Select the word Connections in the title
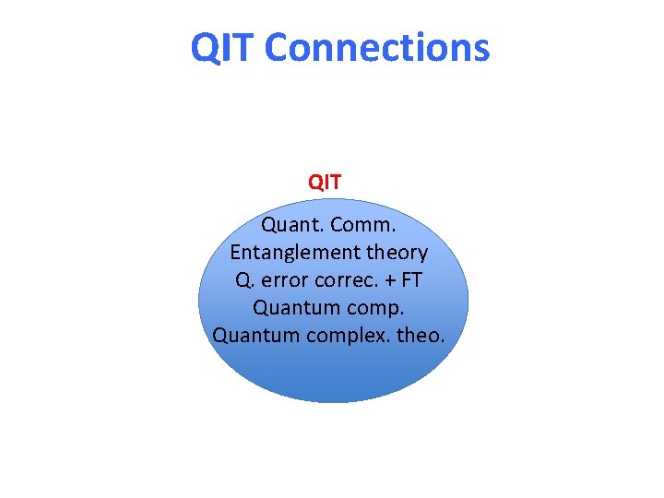pos(377,47)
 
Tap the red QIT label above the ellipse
pos(325,182)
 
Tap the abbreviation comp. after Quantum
pos(371,307)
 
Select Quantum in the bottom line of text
pos(252,335)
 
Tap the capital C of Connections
pos(277,47)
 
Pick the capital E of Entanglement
pos(236,252)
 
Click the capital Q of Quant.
pos(269,224)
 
